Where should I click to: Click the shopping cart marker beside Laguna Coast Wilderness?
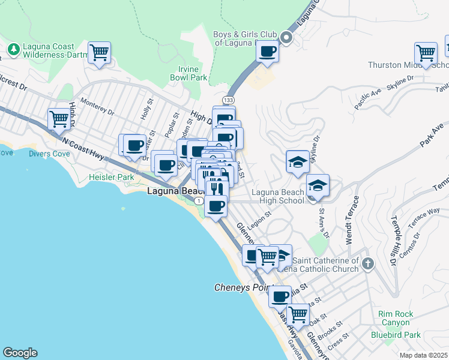(99, 52)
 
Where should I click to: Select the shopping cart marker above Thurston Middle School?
(426, 52)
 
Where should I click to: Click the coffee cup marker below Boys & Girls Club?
(268, 51)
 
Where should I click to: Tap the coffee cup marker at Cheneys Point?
(279, 296)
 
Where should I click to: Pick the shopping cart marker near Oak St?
(298, 313)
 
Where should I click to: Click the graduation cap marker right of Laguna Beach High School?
(318, 184)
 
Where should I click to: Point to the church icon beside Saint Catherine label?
(368, 263)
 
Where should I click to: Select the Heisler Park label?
(111, 177)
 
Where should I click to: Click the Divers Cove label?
(49, 153)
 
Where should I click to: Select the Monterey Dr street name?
(97, 107)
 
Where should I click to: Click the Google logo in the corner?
(20, 353)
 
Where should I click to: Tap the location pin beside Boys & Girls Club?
(286, 38)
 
